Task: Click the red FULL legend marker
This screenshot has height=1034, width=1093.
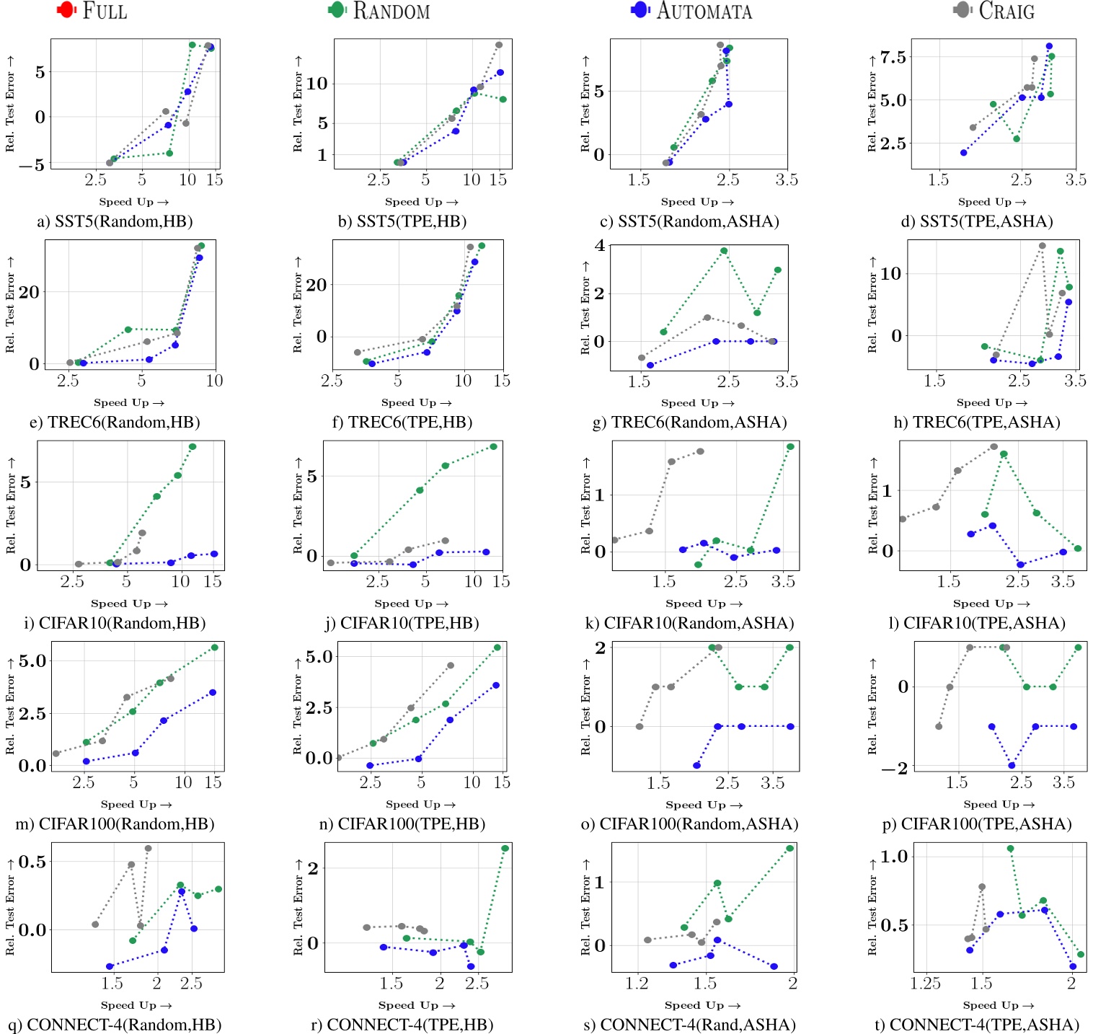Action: point(66,10)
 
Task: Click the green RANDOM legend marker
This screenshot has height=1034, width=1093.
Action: point(337,10)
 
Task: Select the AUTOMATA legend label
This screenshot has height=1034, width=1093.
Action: point(704,11)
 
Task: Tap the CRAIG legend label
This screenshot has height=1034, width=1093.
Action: point(1006,11)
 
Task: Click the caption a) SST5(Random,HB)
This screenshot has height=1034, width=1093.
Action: point(115,221)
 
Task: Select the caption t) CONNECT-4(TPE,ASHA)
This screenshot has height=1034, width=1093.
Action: point(977,1025)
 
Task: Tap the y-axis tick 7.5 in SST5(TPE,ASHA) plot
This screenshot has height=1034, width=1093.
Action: point(893,58)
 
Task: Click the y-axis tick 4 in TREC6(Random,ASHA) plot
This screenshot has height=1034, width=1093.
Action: point(600,245)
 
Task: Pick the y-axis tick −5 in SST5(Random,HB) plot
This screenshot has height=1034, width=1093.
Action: point(32,165)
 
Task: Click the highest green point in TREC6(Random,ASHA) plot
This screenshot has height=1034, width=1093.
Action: point(724,251)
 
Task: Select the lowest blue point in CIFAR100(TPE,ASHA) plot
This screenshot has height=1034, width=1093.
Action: point(1012,766)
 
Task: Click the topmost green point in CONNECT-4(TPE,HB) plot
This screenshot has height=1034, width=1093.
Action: point(505,849)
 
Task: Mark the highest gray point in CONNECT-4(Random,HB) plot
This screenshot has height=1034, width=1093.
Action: point(149,849)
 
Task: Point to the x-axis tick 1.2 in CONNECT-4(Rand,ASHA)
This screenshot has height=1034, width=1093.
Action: point(637,984)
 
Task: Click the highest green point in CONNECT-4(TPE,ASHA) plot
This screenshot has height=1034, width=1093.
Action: point(1010,849)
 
